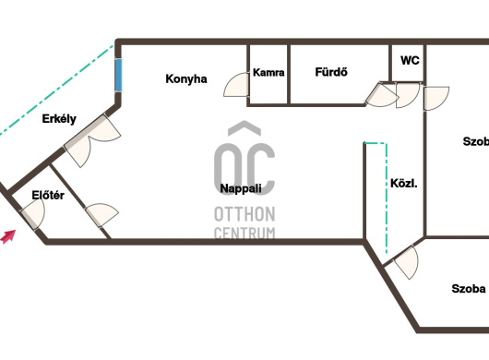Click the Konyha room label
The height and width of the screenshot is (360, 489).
click(186, 78)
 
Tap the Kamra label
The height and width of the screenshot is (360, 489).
click(268, 72)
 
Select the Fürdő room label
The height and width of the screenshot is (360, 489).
click(331, 72)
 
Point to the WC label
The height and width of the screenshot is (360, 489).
click(410, 60)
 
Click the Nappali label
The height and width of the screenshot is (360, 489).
click(241, 188)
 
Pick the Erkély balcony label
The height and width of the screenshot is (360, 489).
click(59, 119)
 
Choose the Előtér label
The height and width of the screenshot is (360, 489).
click(48, 196)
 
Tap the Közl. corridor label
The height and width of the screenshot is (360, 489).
click(404, 184)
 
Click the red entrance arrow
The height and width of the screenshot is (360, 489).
click(7, 236)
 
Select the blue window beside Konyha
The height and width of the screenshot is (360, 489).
click(118, 75)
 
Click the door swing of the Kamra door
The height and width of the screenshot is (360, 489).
click(236, 85)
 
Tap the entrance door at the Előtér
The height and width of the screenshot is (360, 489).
click(33, 213)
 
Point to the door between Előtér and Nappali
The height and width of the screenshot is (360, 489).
click(101, 215)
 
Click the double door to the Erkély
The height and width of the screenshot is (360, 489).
click(92, 140)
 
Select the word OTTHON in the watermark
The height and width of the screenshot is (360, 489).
click(244, 214)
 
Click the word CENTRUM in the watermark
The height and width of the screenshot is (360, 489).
click(244, 233)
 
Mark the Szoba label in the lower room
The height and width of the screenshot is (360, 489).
click(469, 289)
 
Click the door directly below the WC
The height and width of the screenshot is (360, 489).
click(408, 95)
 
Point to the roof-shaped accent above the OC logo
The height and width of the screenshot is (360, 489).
click(244, 128)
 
